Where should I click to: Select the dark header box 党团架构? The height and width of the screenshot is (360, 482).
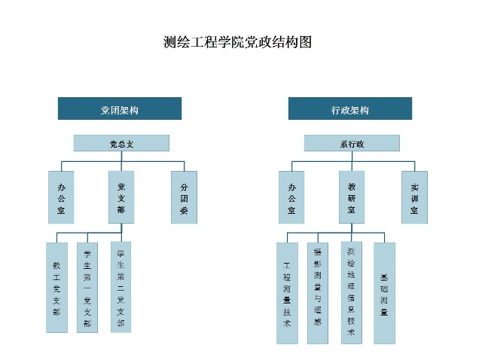pyautogui.click(x=120, y=109)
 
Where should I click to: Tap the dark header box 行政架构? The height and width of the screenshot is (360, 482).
pyautogui.click(x=350, y=109)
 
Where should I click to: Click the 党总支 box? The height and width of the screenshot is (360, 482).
pyautogui.click(x=121, y=143)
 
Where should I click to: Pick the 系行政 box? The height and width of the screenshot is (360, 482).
pyautogui.click(x=352, y=143)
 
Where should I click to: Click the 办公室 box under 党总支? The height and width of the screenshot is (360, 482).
pyautogui.click(x=61, y=197)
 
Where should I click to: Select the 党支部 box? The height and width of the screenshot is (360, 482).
pyautogui.click(x=121, y=197)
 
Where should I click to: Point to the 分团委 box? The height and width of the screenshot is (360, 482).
pyautogui.click(x=184, y=197)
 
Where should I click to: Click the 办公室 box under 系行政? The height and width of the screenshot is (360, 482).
pyautogui.click(x=291, y=197)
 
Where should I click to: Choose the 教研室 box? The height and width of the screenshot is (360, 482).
pyautogui.click(x=352, y=197)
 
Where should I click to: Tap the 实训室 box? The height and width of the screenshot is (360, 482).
pyautogui.click(x=414, y=197)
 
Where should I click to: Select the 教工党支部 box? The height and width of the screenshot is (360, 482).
pyautogui.click(x=56, y=287)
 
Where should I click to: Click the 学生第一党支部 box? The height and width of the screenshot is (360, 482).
pyautogui.click(x=87, y=287)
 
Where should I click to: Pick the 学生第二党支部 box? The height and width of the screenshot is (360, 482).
pyautogui.click(x=120, y=287)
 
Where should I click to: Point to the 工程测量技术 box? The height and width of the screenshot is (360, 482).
pyautogui.click(x=287, y=292)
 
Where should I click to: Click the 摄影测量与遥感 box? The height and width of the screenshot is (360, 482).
pyautogui.click(x=318, y=292)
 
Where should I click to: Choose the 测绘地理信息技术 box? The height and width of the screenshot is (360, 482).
pyautogui.click(x=351, y=292)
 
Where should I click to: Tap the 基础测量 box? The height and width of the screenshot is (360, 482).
pyautogui.click(x=384, y=292)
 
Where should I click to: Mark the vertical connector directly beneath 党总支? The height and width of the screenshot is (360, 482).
pyautogui.click(x=121, y=157)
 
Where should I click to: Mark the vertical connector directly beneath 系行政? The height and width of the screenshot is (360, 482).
pyautogui.click(x=352, y=157)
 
